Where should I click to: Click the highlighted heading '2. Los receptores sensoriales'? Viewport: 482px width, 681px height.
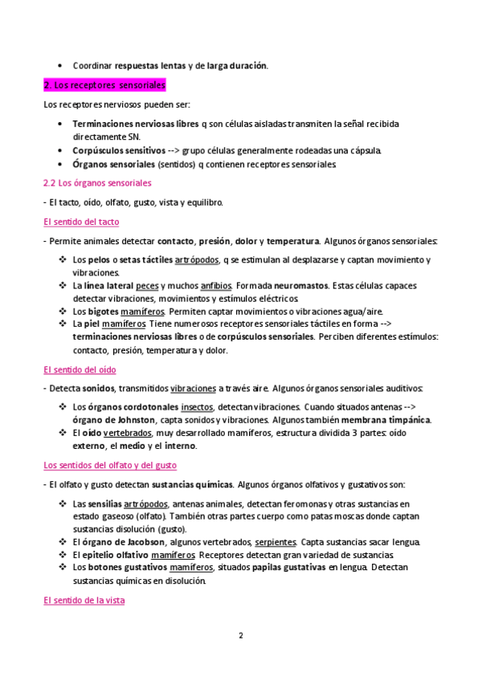click(104, 84)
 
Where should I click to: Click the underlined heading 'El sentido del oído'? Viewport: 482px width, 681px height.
click(80, 369)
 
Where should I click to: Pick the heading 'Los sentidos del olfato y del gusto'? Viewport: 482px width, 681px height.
click(110, 465)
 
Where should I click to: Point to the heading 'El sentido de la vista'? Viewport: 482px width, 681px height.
click(84, 600)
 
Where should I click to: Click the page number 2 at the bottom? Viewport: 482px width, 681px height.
click(240, 635)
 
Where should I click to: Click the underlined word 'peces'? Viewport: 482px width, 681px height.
click(147, 285)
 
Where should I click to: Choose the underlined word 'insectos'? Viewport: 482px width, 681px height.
click(197, 407)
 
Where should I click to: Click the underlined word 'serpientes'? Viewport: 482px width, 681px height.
click(276, 542)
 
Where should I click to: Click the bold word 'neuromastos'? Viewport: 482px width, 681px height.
click(300, 285)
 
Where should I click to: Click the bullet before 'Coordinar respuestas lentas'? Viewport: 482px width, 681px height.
click(62, 65)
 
